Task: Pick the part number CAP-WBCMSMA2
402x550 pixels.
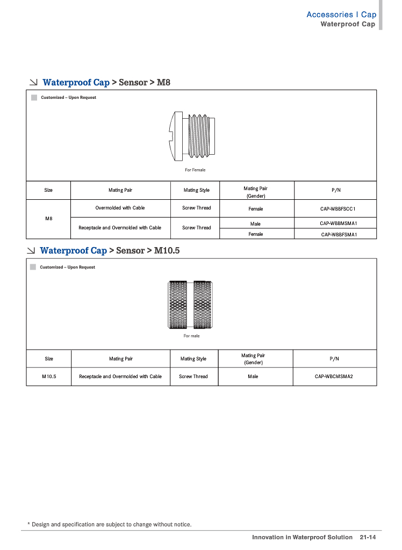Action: pos(334,377)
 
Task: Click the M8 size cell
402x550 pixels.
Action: pos(48,219)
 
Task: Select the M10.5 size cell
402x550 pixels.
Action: pos(48,377)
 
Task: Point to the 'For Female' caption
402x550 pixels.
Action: pos(195,170)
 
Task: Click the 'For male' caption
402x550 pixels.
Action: pos(191,336)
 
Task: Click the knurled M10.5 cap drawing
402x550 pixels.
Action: pos(191,304)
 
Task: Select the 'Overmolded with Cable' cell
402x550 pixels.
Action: pos(120,208)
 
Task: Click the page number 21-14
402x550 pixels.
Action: pos(368,537)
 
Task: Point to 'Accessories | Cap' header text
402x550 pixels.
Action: pos(341,15)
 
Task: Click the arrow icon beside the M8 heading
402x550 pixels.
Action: pos(33,83)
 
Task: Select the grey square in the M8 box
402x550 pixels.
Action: pos(34,97)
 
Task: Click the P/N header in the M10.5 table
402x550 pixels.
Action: pos(334,358)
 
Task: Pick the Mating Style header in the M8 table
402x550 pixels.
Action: pos(197,190)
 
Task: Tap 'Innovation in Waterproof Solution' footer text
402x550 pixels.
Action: pos(302,537)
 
